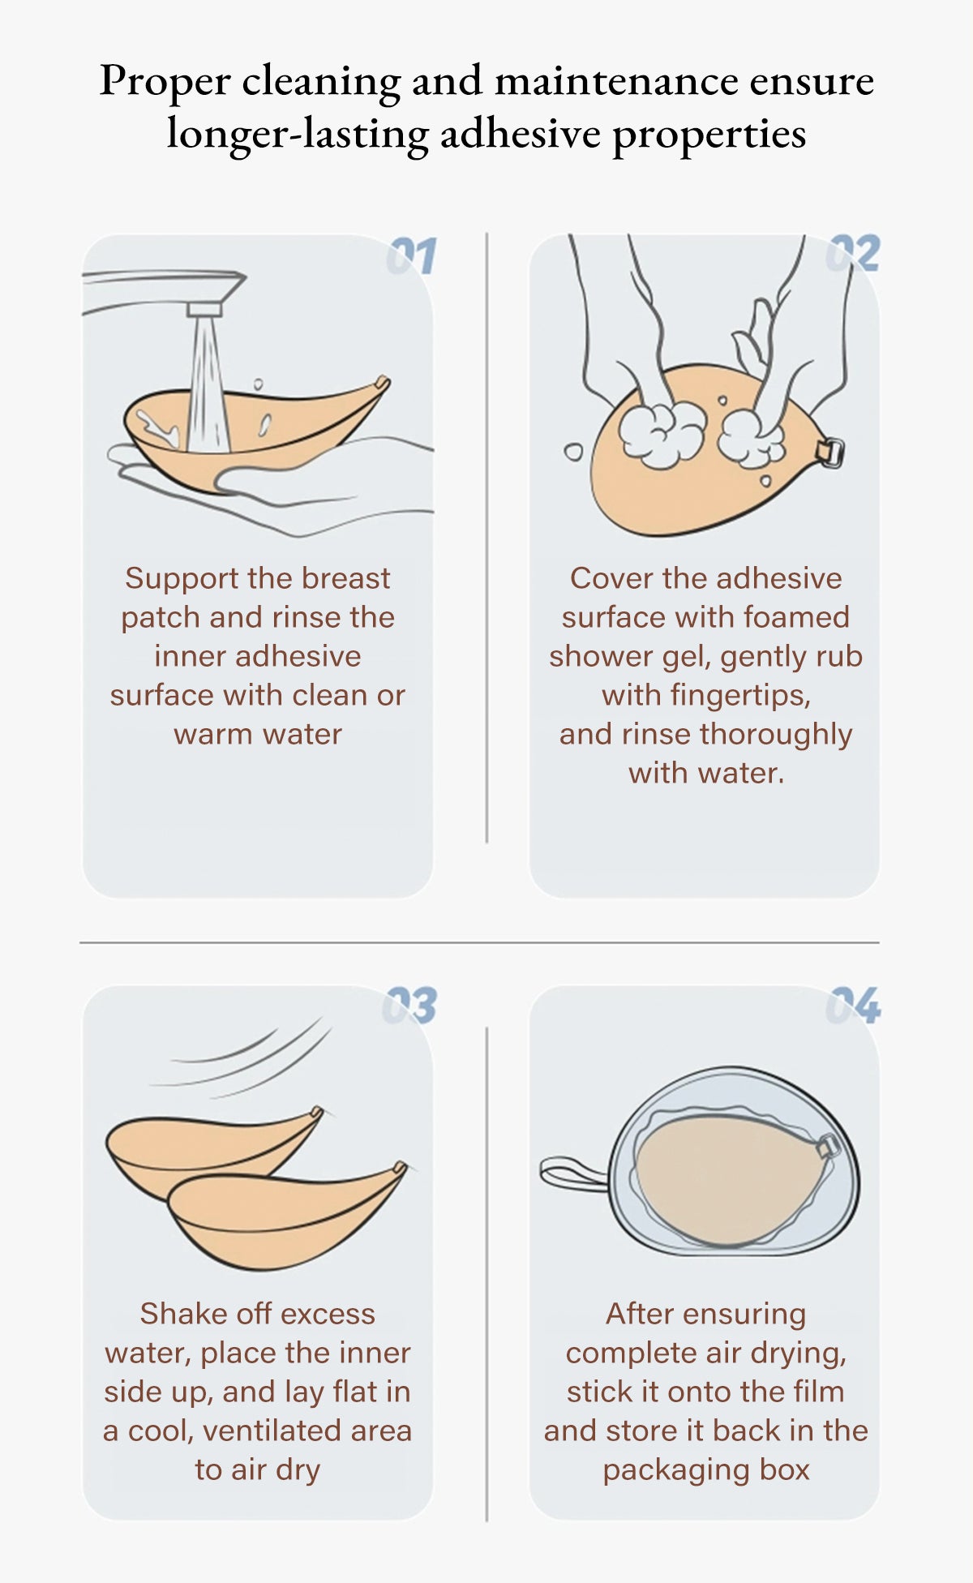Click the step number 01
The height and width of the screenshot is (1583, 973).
point(412,256)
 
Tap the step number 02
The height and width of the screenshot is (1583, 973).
point(853,254)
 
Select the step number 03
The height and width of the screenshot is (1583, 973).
point(409,1006)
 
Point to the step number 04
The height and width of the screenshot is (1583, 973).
point(853,1006)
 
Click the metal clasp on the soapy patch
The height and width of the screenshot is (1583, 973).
point(831,452)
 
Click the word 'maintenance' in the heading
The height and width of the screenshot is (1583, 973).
point(616,81)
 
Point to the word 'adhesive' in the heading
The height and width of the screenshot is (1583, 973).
point(521,134)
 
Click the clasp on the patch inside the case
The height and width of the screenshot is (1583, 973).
point(828,1148)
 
